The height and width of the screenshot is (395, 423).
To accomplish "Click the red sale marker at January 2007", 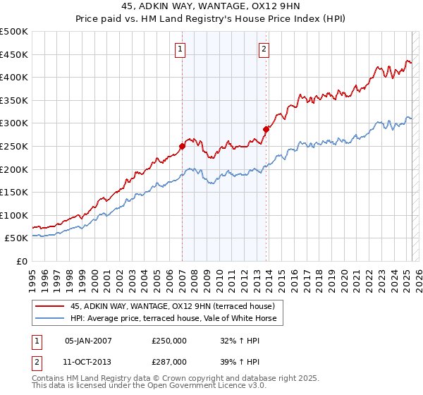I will [182, 146].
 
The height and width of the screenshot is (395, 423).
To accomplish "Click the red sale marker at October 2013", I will [266, 129].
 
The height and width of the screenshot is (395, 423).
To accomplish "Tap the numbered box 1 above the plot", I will [181, 49].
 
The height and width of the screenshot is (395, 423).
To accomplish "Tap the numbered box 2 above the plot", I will [264, 49].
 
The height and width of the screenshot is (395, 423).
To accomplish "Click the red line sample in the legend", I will [50, 306].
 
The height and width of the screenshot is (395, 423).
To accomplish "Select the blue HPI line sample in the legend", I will [50, 319].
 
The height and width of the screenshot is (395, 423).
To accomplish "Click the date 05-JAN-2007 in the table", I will [88, 340].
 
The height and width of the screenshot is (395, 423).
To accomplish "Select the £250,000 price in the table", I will [168, 340].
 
